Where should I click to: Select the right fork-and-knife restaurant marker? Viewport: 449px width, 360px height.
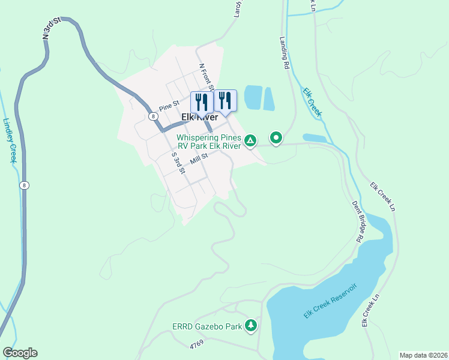pyautogui.click(x=225, y=100)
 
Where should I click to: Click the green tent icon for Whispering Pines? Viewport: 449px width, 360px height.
pyautogui.click(x=250, y=142)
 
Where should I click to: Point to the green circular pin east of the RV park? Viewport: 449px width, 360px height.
pyautogui.click(x=276, y=139)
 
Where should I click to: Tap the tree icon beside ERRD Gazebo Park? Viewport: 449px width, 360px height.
pyautogui.click(x=250, y=326)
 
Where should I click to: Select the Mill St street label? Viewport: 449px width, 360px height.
pyautogui.click(x=199, y=159)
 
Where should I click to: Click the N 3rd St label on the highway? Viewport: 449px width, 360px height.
pyautogui.click(x=53, y=28)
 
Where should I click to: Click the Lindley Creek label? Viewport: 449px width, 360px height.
pyautogui.click(x=10, y=140)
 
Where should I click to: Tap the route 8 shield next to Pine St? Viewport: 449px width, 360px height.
pyautogui.click(x=154, y=115)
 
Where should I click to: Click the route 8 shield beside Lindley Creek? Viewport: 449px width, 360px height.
pyautogui.click(x=24, y=185)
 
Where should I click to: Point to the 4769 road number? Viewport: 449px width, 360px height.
pyautogui.click(x=197, y=345)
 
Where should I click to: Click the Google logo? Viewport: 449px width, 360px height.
pyautogui.click(x=20, y=353)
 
